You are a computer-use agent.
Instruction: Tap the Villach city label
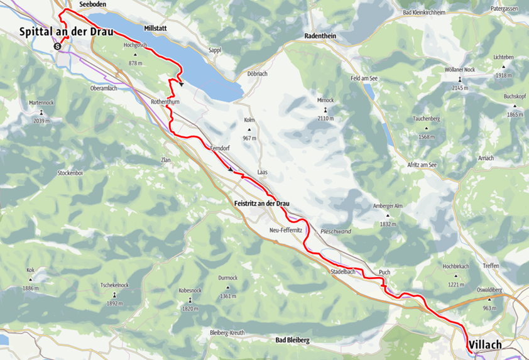[485, 345]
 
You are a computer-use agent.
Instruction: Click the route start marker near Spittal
[57, 46]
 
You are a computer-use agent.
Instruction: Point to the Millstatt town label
[155, 29]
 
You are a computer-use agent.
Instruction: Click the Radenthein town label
[320, 36]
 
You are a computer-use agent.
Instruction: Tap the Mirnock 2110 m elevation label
[325, 118]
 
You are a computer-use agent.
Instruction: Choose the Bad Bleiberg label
[293, 340]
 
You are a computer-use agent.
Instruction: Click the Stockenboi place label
[71, 172]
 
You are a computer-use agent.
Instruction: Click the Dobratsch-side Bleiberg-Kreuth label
[231, 332]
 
